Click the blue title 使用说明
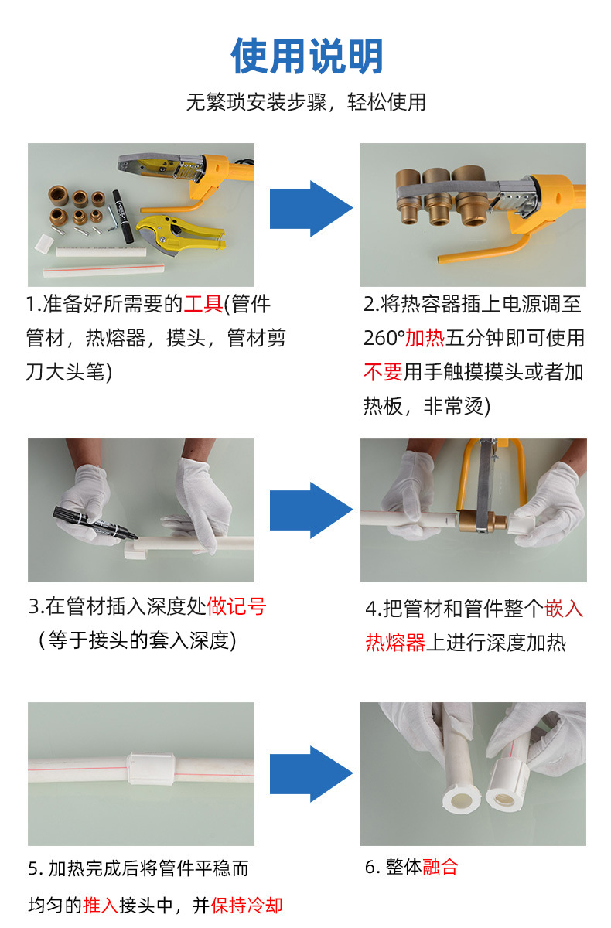307,56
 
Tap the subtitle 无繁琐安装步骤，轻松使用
305,102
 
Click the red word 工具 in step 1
203,304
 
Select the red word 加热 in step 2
424,338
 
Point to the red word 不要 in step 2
383,372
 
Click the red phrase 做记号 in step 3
236,606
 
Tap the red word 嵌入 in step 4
565,609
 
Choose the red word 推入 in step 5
101,905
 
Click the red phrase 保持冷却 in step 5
247,905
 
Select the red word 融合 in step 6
441,867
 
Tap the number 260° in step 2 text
384,338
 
